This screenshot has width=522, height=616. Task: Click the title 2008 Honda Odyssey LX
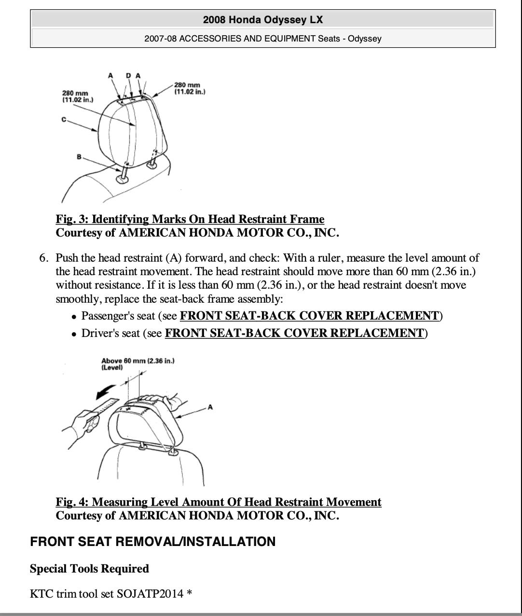(x=263, y=20)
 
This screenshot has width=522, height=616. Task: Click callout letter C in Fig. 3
(x=64, y=119)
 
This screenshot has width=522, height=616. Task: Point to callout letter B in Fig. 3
(x=79, y=157)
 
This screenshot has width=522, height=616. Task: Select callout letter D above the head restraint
(x=128, y=75)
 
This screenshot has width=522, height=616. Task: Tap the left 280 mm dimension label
(x=77, y=96)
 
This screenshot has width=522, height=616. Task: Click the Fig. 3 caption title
(x=190, y=219)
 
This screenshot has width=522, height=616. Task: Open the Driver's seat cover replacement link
(x=294, y=333)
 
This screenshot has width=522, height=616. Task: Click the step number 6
(x=43, y=258)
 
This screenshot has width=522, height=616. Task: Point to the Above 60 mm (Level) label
(x=137, y=364)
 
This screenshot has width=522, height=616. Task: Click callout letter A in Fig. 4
(x=210, y=407)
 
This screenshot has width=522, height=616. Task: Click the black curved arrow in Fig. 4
(x=106, y=391)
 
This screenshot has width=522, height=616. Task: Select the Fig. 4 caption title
(x=219, y=502)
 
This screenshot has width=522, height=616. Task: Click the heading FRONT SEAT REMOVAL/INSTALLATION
(x=152, y=542)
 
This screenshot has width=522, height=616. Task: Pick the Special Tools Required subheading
(x=89, y=569)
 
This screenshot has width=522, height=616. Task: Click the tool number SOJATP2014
(x=150, y=593)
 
